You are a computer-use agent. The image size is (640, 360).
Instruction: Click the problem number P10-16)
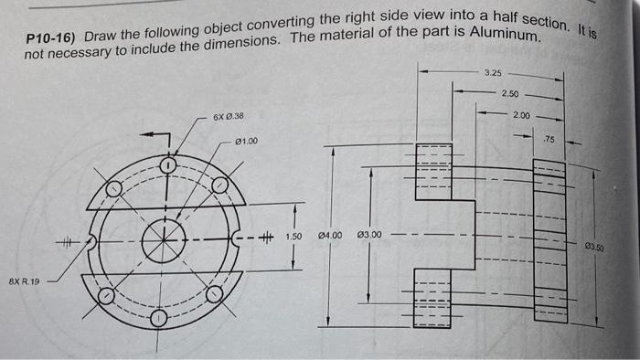[50, 40]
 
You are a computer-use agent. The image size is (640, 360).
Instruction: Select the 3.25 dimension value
[492, 72]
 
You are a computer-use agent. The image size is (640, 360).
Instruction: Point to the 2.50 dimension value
[510, 94]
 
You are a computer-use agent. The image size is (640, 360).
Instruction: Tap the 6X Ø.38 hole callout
[227, 117]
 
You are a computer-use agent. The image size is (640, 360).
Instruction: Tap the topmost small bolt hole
[167, 166]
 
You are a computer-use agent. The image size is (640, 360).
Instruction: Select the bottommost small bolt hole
[159, 318]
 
